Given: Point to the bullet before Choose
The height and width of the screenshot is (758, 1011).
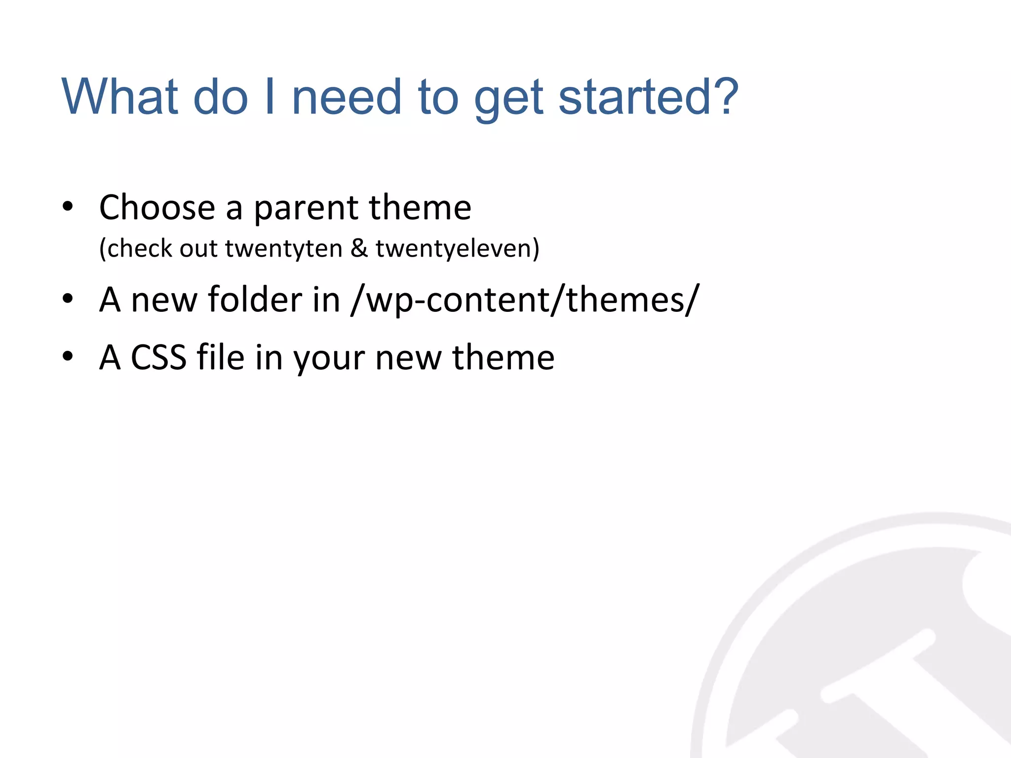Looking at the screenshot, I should (68, 207).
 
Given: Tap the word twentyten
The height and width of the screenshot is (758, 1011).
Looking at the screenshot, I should (284, 248).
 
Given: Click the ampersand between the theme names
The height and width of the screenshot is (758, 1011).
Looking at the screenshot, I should (359, 248).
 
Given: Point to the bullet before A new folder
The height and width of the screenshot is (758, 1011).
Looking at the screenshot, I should (68, 299).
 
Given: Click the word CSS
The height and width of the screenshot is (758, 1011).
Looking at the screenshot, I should (158, 357).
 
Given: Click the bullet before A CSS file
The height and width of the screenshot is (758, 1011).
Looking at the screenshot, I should (68, 356).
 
